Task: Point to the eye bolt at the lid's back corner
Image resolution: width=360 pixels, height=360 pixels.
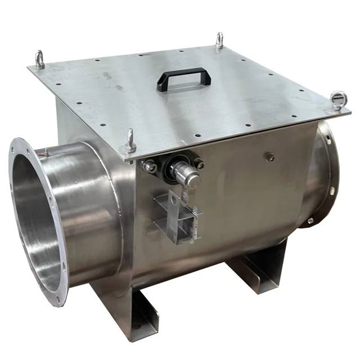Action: pyautogui.click(x=219, y=40)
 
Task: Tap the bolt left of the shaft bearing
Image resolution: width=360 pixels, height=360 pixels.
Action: pyautogui.click(x=149, y=166)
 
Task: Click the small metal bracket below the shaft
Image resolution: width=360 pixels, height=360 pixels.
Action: pyautogui.click(x=174, y=217)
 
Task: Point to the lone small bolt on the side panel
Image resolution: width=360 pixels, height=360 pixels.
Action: pyautogui.click(x=270, y=157)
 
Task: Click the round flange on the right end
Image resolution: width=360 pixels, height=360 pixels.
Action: pyautogui.click(x=326, y=174)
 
